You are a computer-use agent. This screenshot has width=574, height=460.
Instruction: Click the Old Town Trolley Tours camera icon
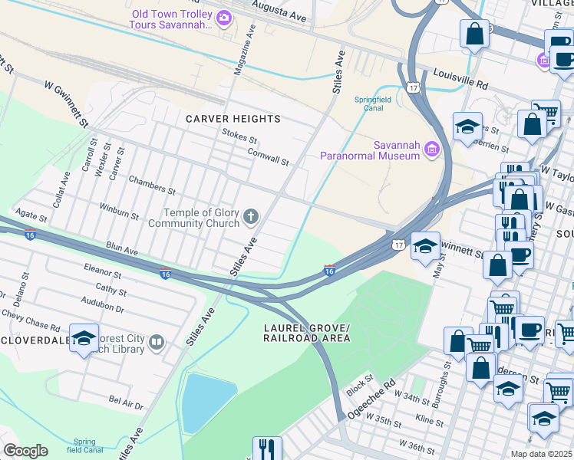pyautogui.click(x=224, y=18)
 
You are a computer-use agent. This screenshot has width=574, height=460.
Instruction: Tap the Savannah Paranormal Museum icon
pyautogui.click(x=432, y=149)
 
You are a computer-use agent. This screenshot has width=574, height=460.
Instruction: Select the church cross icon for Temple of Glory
pyautogui.click(x=250, y=218)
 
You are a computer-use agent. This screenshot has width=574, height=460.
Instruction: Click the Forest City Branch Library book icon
pyautogui.click(x=157, y=342)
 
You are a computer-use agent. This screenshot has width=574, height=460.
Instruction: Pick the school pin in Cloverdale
pyautogui.click(x=84, y=338)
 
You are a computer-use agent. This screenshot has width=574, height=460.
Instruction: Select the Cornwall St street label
pyautogui.click(x=268, y=156)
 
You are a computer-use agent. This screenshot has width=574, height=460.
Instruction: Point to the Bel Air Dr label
pyautogui.click(x=126, y=402)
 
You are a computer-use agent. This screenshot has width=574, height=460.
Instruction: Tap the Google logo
pyautogui.click(x=25, y=451)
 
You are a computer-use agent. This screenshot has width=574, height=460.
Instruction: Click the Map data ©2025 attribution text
pyautogui.click(x=541, y=454)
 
